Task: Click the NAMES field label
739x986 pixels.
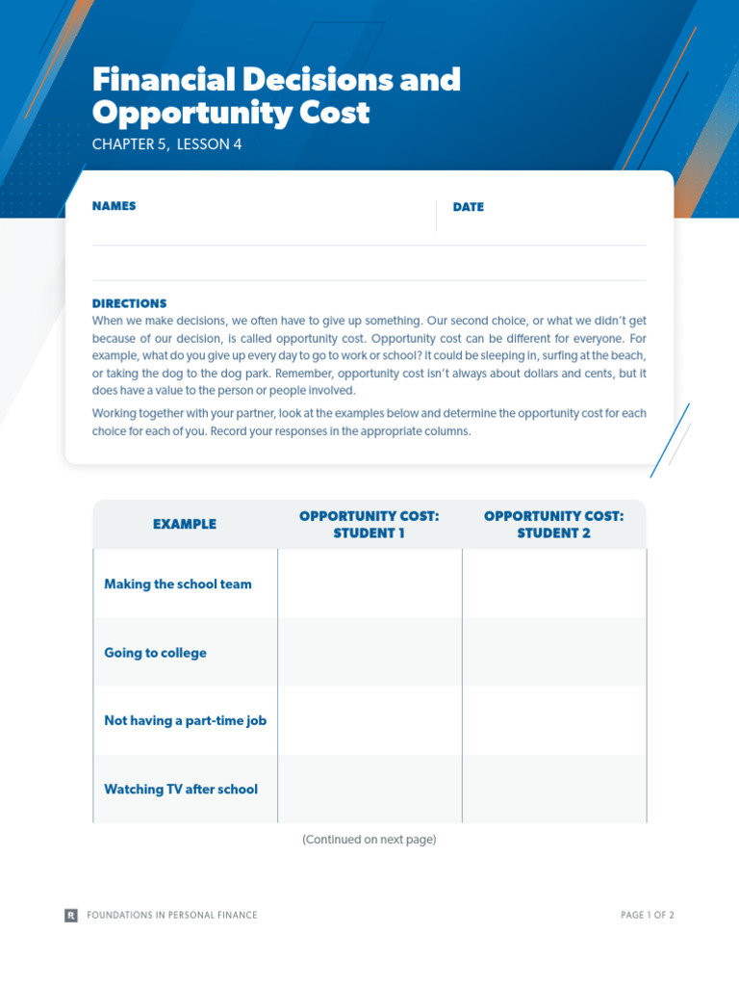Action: pos(114,206)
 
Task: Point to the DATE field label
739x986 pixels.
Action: pos(468,207)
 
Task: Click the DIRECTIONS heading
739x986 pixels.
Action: pos(129,303)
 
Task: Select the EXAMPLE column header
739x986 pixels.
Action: pos(185,524)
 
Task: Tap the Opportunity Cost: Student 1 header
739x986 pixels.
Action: pos(369,524)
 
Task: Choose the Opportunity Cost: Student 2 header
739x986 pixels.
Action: pos(553,524)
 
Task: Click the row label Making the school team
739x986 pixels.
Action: pos(178,584)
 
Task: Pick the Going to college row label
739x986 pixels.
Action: pos(155,653)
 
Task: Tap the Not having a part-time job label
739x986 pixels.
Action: pos(185,720)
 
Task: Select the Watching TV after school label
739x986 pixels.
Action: pos(181,790)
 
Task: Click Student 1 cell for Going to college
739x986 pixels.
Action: pos(369,653)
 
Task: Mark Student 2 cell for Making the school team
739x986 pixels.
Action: pos(554,584)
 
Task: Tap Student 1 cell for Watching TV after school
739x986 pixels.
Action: pos(369,790)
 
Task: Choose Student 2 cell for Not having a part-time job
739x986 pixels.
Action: pos(554,720)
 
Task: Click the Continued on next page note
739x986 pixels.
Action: pos(369,840)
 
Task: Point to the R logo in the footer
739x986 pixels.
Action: pos(71,915)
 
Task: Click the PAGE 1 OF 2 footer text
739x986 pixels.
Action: pos(648,915)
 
